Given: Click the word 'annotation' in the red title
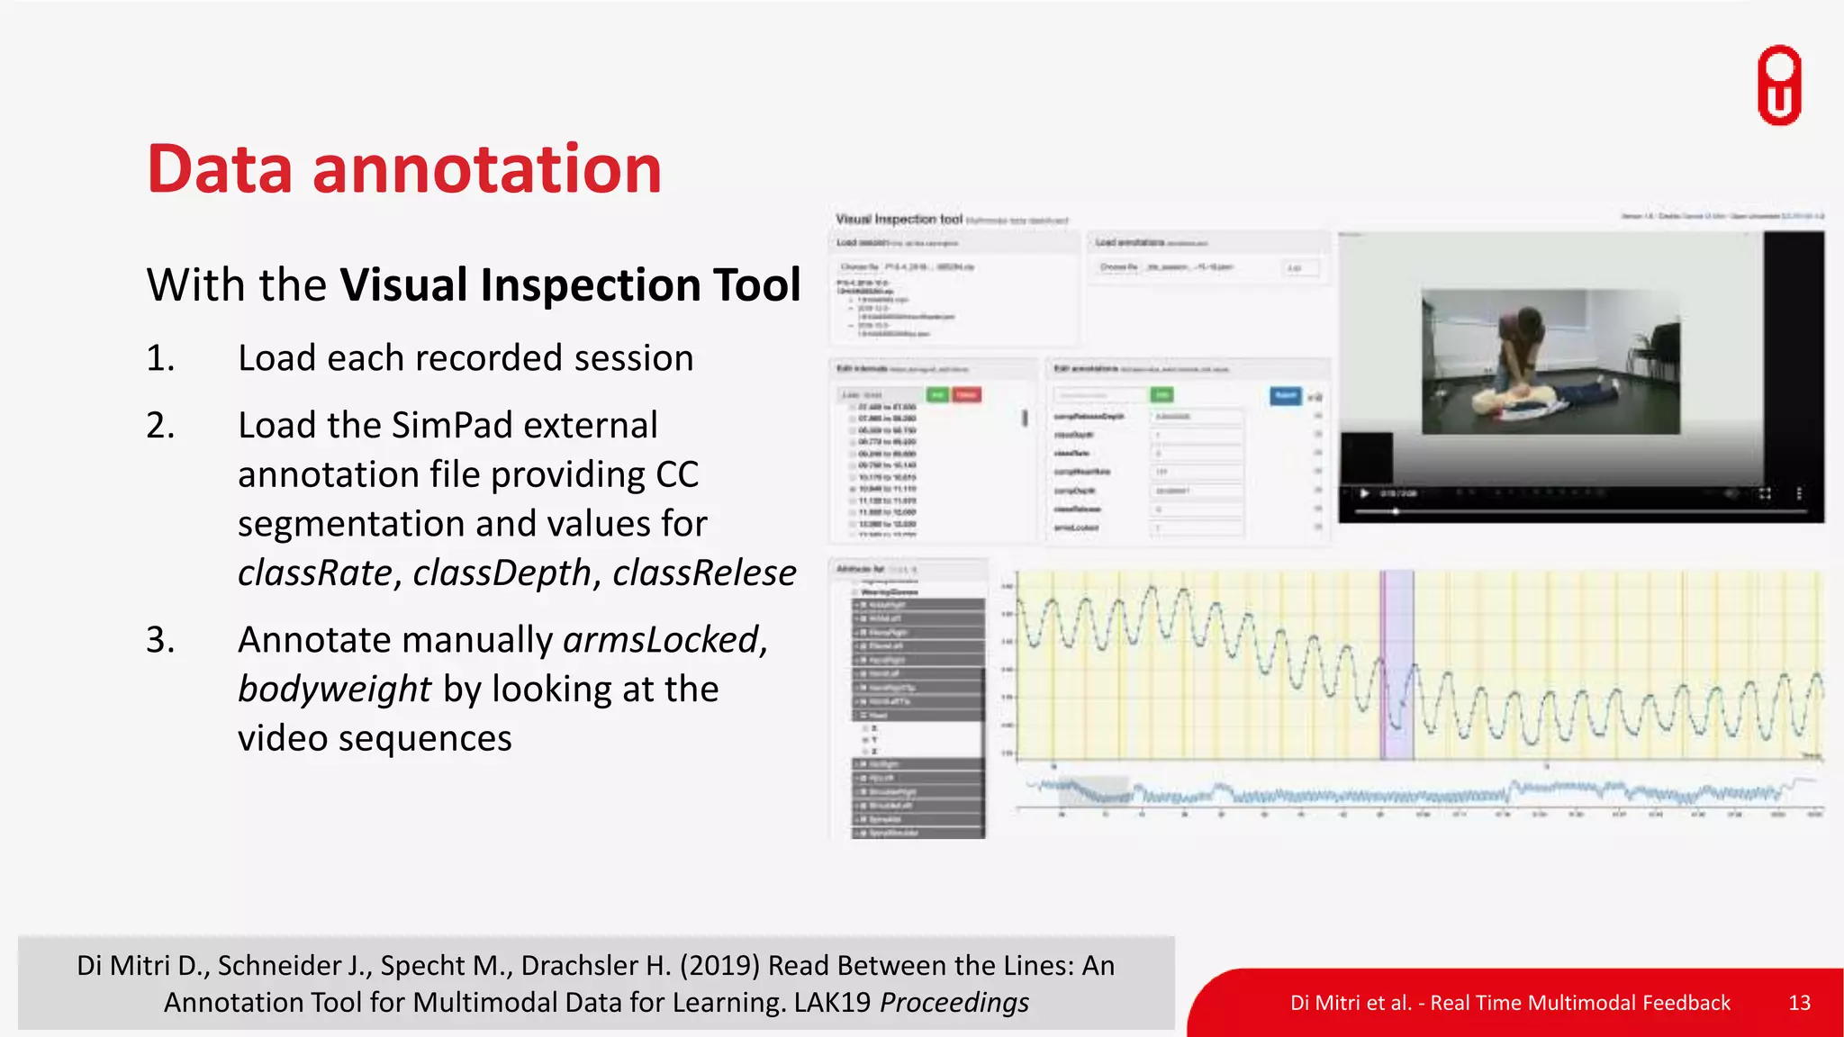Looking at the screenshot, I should coord(486,169).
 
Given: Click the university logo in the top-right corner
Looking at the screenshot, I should coord(1779,86).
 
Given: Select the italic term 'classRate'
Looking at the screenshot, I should coord(315,573).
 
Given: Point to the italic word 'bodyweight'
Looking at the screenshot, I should coord(335,690).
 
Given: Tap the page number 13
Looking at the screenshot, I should coord(1799,1003).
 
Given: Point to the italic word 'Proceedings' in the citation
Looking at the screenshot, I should coord(954,1003).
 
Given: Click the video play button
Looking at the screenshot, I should coord(1364,493).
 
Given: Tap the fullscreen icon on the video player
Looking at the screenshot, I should coord(1765,493).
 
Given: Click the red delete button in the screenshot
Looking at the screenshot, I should coord(967,395).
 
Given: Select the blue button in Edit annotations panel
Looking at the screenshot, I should coord(1286,395).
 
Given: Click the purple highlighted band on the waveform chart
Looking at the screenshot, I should coord(1397,666).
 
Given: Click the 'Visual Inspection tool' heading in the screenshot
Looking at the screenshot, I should coord(899,219).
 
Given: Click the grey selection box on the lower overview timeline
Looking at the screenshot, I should coord(1093,791).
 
